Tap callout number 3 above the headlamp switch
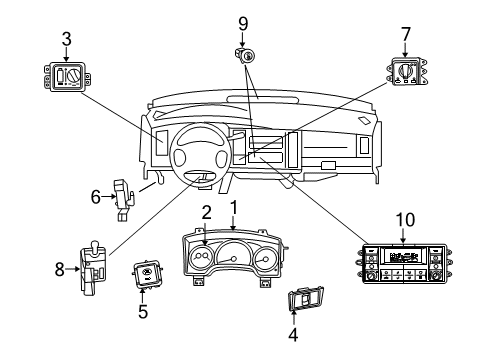pyautogui.click(x=65, y=39)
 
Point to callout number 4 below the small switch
pyautogui.click(x=293, y=335)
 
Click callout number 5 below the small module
pyautogui.click(x=142, y=312)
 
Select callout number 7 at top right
pyautogui.click(x=405, y=36)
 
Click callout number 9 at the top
pyautogui.click(x=241, y=22)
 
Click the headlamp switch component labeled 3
pyautogui.click(x=65, y=76)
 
